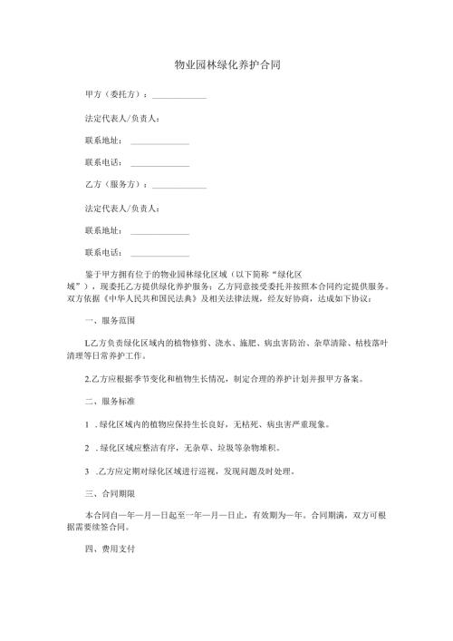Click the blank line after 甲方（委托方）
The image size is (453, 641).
coord(179,96)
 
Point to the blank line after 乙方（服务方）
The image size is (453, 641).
coord(179,186)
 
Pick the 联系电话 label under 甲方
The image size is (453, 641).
coord(101,163)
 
